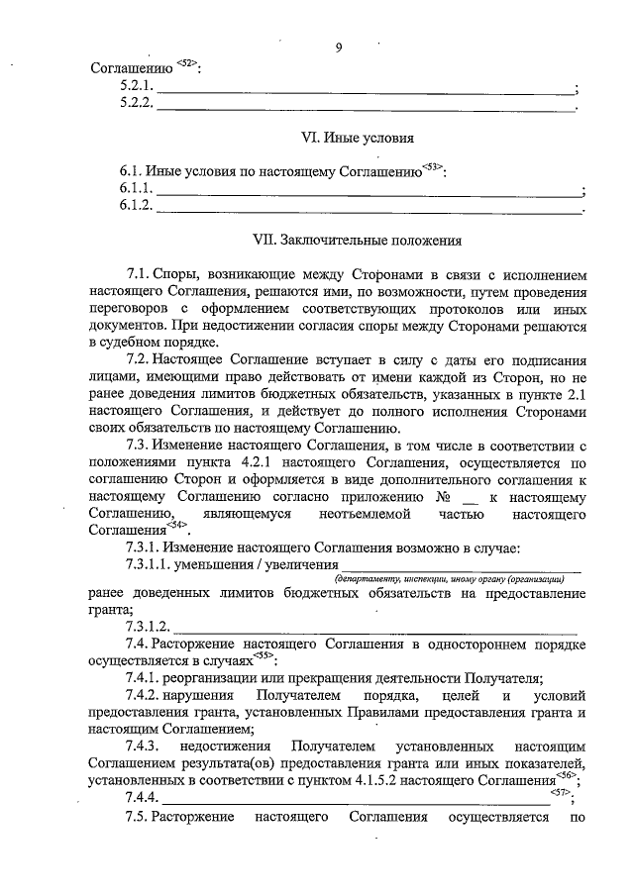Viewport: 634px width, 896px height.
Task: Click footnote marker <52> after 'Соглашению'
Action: [x=188, y=65]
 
